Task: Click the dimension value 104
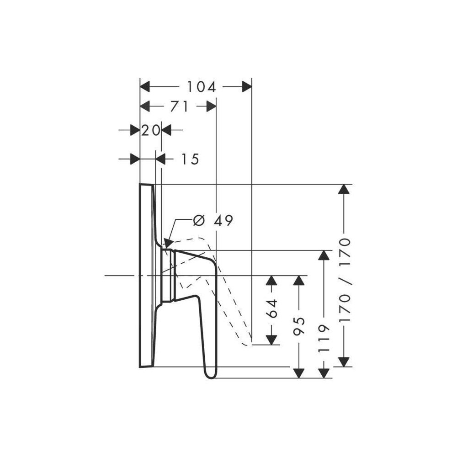click(201, 87)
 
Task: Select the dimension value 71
click(179, 106)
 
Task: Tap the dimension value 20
click(151, 130)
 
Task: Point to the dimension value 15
click(190, 159)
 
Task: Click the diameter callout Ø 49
click(213, 221)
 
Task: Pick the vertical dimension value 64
click(272, 308)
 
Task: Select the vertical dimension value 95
click(299, 326)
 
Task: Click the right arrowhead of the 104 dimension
click(247, 87)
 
